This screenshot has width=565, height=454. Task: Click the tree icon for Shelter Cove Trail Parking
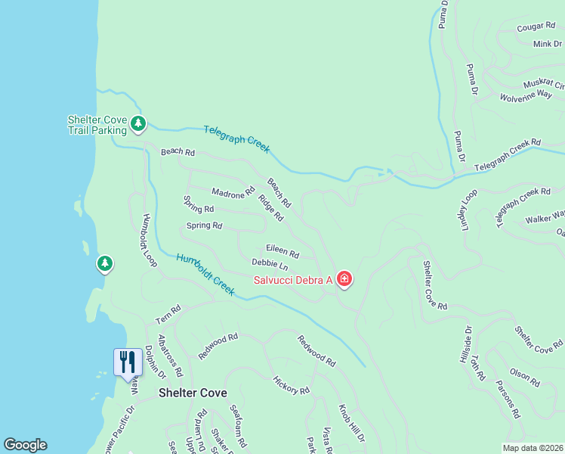tap(137, 123)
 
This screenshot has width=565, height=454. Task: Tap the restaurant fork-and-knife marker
tap(127, 361)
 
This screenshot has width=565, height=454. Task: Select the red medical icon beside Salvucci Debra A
tap(344, 280)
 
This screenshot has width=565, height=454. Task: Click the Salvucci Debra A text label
tap(293, 280)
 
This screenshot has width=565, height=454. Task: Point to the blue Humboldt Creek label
tap(205, 274)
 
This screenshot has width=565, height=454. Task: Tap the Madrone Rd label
tap(233, 194)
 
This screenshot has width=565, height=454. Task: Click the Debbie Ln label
tap(270, 265)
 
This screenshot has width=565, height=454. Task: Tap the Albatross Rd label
tap(170, 356)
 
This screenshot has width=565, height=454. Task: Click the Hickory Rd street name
tap(292, 386)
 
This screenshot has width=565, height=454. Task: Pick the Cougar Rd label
tap(536, 26)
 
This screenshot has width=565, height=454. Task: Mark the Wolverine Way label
tap(526, 96)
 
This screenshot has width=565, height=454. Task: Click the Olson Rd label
tap(524, 378)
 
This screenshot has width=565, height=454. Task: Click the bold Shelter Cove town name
tap(193, 393)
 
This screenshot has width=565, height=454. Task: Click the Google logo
tap(25, 445)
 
